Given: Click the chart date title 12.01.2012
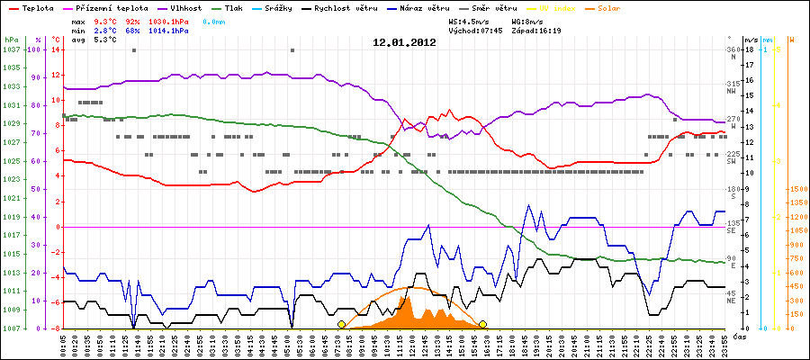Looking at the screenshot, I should click(x=404, y=41).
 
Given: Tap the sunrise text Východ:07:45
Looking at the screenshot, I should click(x=485, y=30).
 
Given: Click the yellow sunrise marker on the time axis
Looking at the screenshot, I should click(x=341, y=324).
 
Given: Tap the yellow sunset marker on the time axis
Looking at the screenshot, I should click(x=482, y=324).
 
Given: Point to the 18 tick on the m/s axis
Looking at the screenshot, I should click(x=749, y=49).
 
